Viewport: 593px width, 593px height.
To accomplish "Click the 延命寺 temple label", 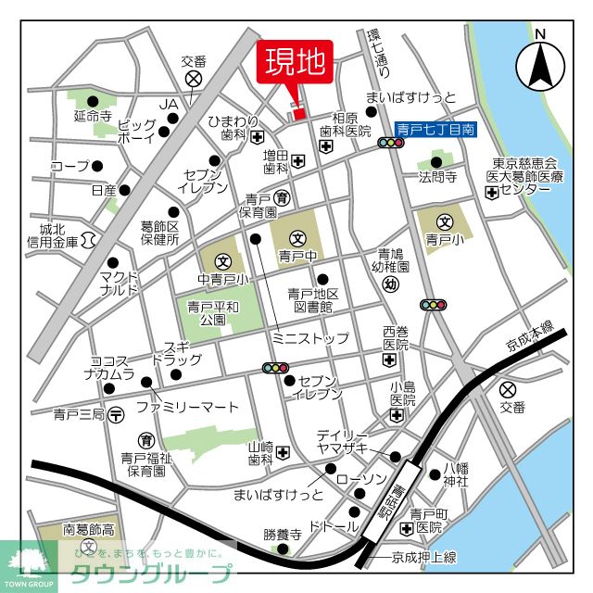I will point(93,117).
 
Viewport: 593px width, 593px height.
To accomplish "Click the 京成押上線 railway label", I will point(423,557).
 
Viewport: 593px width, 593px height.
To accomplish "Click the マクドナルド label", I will point(120,282).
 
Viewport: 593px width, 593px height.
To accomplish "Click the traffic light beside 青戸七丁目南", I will point(391,144).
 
